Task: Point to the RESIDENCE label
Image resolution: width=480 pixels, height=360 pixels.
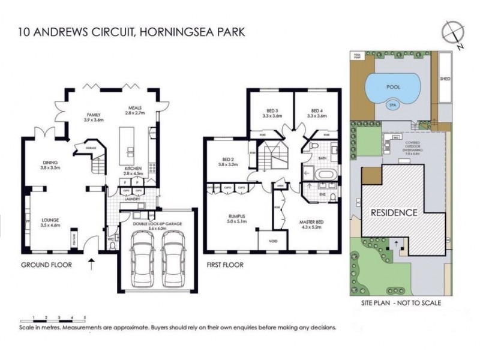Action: (394, 212)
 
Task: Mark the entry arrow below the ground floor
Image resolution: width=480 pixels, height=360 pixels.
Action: (91, 262)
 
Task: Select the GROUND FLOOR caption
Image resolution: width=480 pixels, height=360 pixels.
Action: (46, 265)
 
